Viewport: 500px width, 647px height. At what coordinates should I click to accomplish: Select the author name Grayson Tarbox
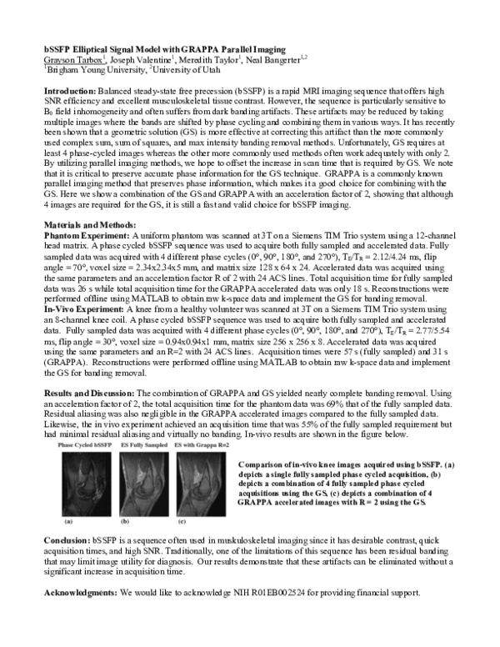pyautogui.click(x=73, y=61)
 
